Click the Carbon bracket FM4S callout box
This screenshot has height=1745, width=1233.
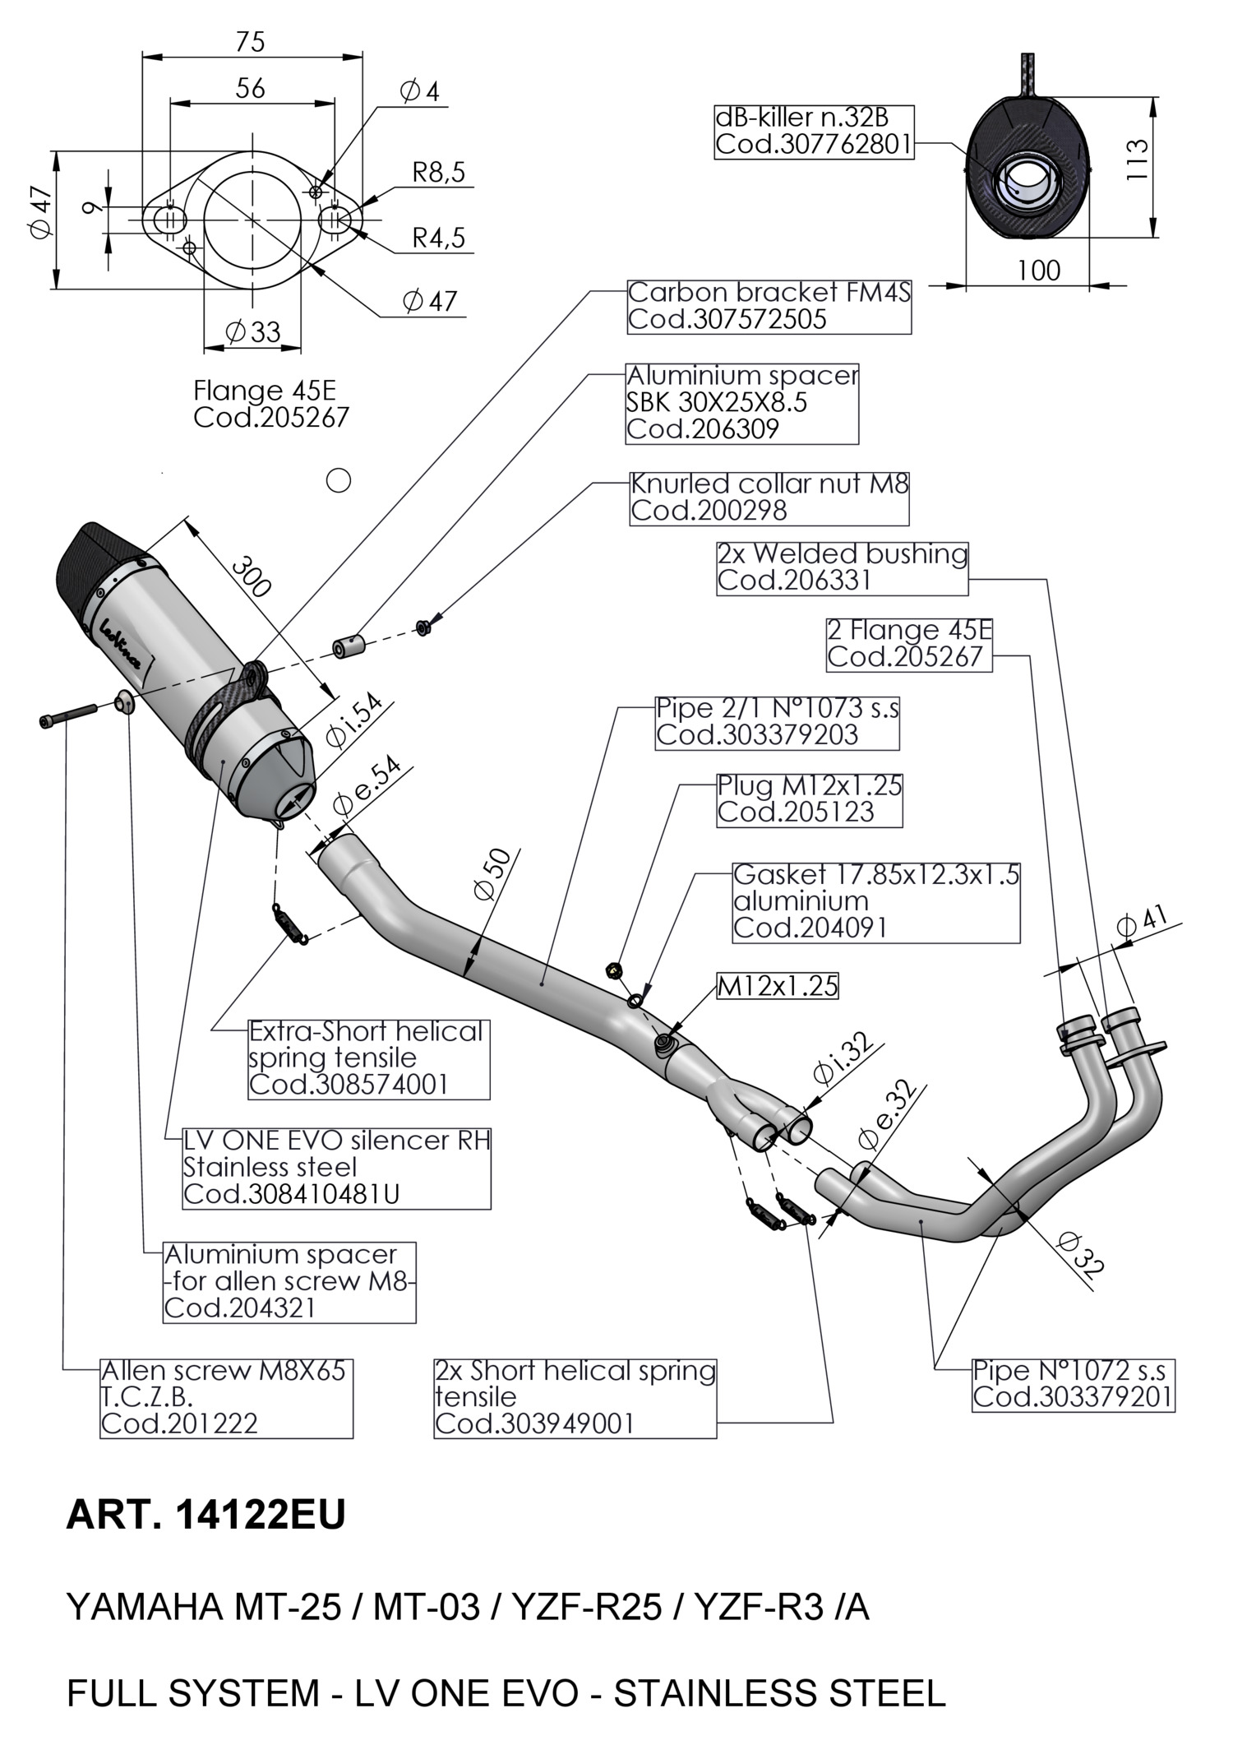[769, 306]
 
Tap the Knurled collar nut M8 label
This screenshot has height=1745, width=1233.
[769, 498]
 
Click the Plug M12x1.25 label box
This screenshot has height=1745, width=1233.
[809, 799]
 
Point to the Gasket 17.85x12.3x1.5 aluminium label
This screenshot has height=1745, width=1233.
[875, 901]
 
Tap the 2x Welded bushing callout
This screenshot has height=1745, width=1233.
[842, 567]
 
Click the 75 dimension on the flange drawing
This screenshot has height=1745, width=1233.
[250, 41]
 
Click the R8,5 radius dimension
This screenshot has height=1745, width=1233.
[438, 172]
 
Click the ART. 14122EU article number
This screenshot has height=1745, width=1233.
[205, 1516]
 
